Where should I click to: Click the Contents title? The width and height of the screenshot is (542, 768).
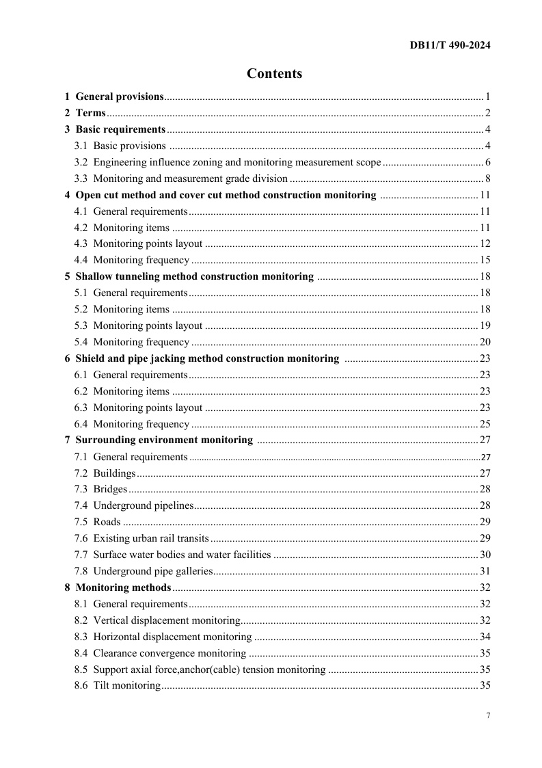click(274, 74)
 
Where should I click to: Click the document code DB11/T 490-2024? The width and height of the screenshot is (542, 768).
click(450, 46)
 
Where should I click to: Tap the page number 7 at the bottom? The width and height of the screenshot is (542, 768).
click(488, 715)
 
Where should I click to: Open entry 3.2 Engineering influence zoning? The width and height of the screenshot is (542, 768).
click(228, 162)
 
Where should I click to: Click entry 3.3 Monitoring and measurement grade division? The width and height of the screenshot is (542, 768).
click(181, 178)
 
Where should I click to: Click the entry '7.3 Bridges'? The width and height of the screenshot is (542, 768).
click(101, 490)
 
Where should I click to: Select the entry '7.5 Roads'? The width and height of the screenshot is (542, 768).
click(98, 522)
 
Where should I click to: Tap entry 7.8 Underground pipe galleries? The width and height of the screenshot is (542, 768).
click(144, 571)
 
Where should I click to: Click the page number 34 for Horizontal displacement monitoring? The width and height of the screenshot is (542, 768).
click(485, 637)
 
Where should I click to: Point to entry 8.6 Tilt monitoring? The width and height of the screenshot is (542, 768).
click(117, 685)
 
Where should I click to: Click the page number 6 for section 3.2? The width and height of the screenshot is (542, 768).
click(488, 162)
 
